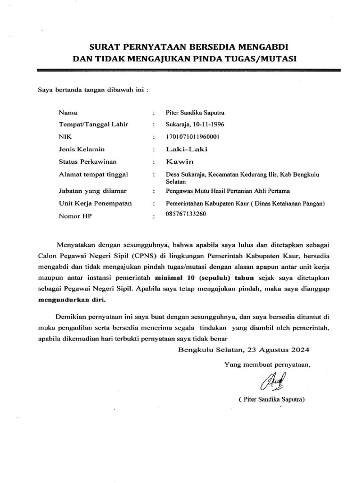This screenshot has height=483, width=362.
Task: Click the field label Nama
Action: (68, 113)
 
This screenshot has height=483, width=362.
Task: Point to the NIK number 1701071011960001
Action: (193, 137)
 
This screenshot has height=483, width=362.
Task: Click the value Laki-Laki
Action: (186, 150)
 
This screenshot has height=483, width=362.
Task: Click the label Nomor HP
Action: (74, 216)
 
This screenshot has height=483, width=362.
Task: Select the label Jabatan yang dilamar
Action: (94, 191)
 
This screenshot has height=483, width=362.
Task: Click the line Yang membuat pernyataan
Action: (267, 364)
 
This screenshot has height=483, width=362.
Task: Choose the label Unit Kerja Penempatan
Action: (95, 203)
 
